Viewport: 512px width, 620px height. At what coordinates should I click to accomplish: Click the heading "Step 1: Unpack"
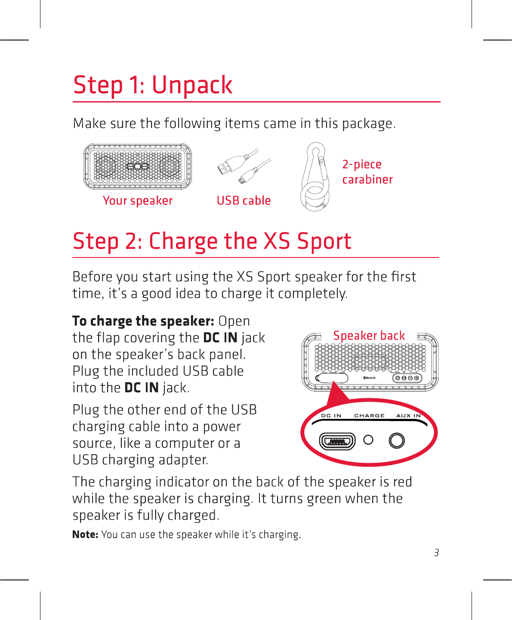(153, 85)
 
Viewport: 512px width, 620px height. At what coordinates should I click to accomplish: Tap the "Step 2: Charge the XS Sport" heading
(212, 241)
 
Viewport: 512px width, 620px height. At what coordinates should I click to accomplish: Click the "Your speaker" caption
(138, 201)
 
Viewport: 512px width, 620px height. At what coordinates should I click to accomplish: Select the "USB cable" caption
(244, 201)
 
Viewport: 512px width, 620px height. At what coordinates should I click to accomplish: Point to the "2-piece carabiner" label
(367, 172)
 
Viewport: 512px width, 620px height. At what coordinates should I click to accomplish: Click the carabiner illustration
(315, 177)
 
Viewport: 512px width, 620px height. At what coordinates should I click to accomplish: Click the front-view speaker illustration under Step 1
(138, 167)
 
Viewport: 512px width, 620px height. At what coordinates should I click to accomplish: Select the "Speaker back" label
(369, 335)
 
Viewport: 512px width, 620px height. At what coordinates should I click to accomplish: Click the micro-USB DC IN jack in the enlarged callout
(337, 441)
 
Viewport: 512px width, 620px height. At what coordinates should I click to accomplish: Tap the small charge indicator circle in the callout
(368, 440)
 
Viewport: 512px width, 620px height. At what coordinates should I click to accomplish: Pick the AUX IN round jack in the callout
(397, 441)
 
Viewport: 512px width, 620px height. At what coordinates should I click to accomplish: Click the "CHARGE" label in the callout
(369, 415)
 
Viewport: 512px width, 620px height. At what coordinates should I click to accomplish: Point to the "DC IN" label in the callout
(331, 415)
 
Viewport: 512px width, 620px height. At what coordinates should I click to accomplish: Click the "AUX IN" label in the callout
(408, 415)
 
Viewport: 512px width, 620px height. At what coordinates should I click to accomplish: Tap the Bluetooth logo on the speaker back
(369, 378)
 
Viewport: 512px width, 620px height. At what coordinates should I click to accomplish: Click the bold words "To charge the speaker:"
(143, 321)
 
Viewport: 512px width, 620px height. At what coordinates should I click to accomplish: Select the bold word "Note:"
(85, 535)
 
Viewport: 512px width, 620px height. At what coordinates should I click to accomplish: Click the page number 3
(436, 553)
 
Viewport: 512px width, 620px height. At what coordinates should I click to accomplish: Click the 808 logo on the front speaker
(138, 167)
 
